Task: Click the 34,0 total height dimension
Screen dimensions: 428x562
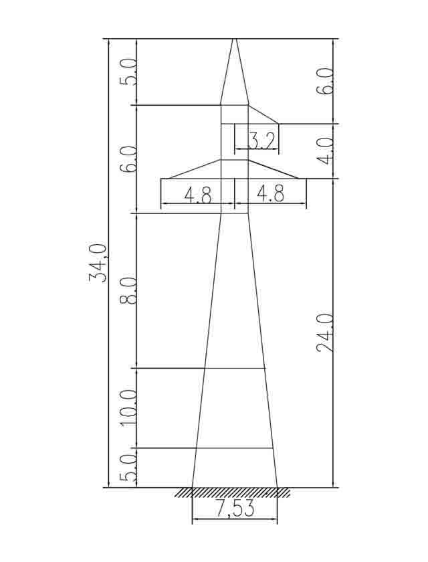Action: click(97, 263)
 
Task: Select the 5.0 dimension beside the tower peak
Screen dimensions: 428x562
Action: click(128, 72)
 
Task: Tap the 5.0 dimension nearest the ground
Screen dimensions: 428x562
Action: click(128, 468)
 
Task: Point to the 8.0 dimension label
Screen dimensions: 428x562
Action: click(128, 290)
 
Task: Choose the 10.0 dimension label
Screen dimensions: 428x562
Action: click(128, 408)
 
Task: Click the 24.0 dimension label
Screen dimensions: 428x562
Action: click(325, 333)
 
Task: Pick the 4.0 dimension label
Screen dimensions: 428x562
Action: click(325, 151)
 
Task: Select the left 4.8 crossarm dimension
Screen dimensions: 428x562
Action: click(198, 195)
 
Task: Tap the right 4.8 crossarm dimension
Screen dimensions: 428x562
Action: click(271, 195)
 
